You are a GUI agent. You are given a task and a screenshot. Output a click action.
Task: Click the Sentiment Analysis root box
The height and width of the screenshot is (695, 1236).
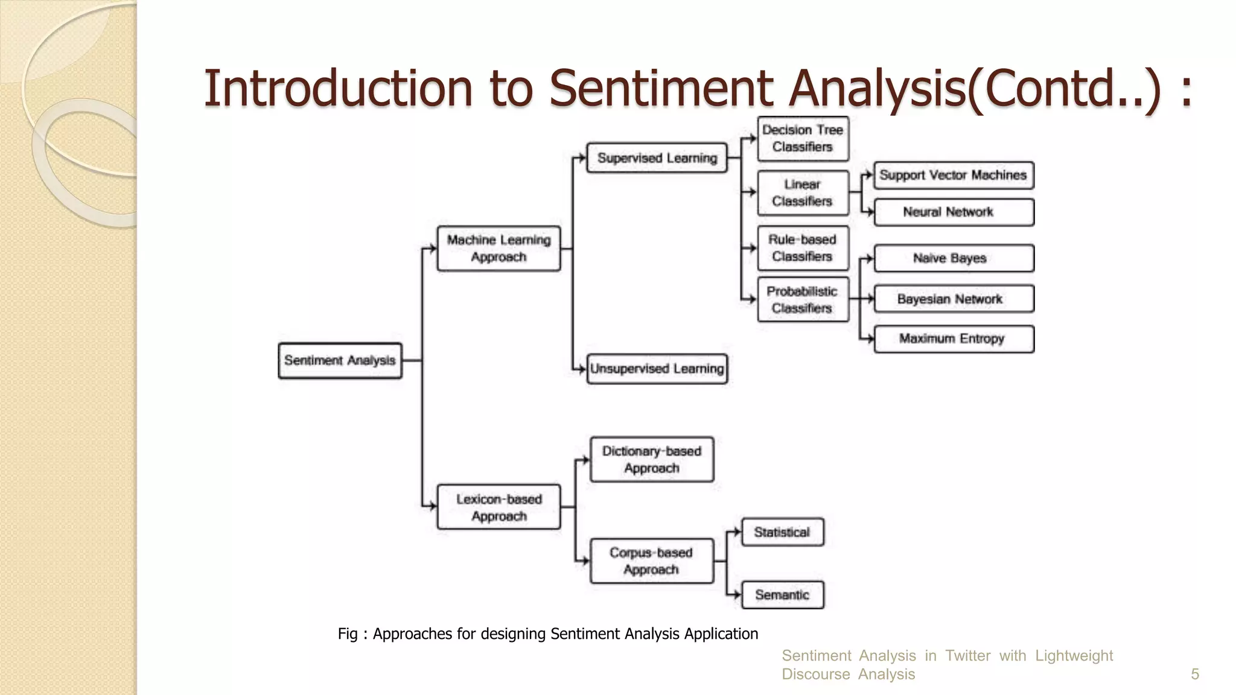click(340, 361)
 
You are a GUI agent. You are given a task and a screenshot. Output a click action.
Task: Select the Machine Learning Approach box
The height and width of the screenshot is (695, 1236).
click(499, 249)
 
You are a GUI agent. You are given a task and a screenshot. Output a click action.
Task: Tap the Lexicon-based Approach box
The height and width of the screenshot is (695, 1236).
click(499, 507)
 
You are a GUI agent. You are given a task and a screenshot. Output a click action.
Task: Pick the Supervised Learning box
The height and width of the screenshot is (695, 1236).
click(657, 158)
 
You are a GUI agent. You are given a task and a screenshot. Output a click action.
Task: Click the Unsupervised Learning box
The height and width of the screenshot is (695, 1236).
click(657, 369)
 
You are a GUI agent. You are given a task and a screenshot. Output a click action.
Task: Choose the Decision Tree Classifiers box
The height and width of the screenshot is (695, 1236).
click(803, 139)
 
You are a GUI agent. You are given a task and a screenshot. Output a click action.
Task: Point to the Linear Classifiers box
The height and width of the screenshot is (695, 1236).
click(803, 193)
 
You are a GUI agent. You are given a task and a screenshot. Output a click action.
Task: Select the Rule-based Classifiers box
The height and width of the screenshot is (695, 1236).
click(803, 248)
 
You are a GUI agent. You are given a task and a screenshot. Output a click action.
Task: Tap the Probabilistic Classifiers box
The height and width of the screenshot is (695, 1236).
click(803, 300)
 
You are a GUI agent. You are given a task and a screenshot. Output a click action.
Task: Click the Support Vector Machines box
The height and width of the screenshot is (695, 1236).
click(954, 176)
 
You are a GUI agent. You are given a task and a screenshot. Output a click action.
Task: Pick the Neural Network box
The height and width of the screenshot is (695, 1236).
click(954, 212)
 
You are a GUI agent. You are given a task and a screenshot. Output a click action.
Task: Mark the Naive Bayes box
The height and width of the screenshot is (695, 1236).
click(954, 258)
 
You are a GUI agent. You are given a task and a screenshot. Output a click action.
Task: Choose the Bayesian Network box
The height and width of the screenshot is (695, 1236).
click(954, 299)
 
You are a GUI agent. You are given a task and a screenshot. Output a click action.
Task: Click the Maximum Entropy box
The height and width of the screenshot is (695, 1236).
click(954, 339)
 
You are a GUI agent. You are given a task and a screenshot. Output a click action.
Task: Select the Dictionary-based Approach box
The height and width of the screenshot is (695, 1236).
click(652, 460)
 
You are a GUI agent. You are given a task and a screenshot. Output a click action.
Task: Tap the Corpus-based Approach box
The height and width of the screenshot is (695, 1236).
click(652, 561)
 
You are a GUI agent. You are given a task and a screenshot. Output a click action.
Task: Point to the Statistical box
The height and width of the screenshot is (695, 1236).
click(782, 532)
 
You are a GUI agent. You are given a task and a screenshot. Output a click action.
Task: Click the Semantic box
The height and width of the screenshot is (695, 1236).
click(782, 595)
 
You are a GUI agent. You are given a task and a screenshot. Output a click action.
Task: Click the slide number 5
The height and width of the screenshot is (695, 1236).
click(1194, 674)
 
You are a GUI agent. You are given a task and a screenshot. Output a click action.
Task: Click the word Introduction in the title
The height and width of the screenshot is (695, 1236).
click(338, 89)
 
